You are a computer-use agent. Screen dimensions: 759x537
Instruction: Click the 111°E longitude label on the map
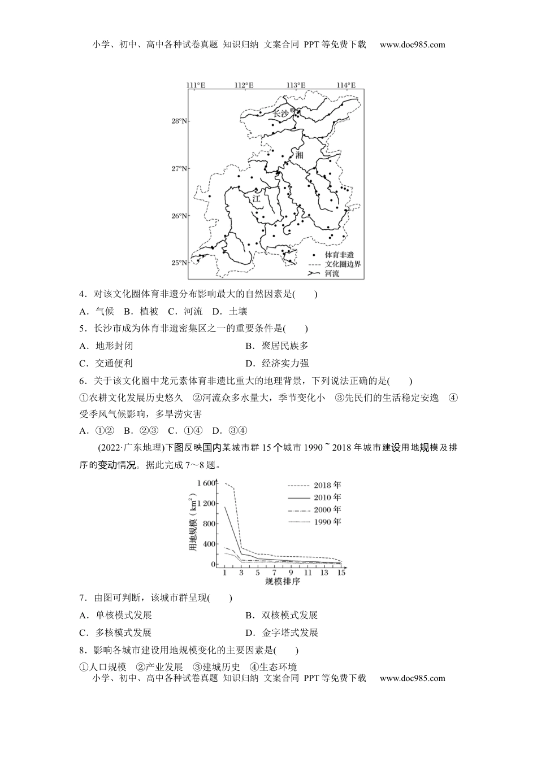click(196, 85)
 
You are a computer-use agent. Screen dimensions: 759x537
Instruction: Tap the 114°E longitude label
click(346, 85)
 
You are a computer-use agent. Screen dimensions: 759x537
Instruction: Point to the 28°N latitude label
click(180, 121)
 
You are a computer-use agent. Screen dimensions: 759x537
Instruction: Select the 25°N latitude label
click(180, 263)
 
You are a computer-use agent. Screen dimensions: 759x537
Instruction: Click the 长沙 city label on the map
click(280, 114)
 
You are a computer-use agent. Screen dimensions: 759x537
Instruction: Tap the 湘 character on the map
click(298, 155)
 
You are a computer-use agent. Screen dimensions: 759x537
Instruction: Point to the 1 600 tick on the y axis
click(206, 483)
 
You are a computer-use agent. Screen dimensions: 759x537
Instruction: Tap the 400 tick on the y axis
click(209, 544)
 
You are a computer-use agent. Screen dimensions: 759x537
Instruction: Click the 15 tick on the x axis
click(341, 573)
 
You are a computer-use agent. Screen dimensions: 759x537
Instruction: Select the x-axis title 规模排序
click(282, 582)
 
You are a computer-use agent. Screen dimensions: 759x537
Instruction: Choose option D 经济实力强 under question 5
click(278, 364)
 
